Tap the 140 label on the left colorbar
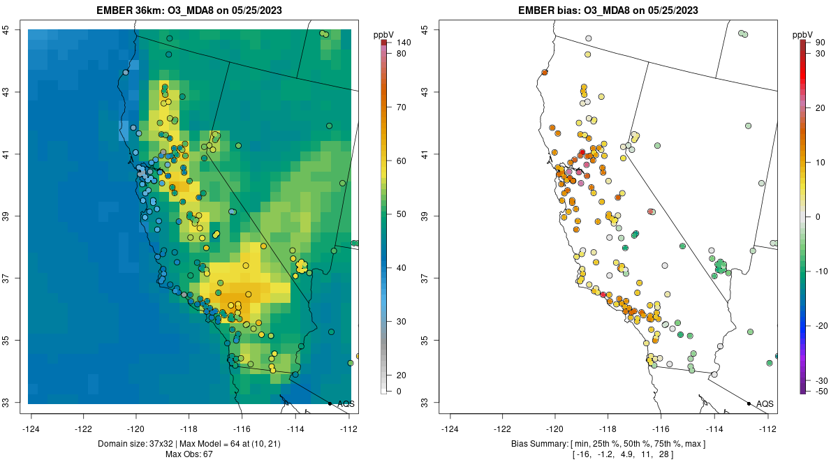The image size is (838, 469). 403,43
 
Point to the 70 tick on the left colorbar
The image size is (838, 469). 402,107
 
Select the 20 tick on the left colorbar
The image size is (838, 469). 402,375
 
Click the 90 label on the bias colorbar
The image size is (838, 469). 821,43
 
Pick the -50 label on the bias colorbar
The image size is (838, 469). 821,391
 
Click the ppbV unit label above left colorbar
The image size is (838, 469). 383,34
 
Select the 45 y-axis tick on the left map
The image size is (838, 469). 24,30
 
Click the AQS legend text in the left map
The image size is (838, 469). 346,403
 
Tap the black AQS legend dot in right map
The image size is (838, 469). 749,403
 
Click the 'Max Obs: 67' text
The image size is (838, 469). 189,454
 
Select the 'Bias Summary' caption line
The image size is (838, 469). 608,444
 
